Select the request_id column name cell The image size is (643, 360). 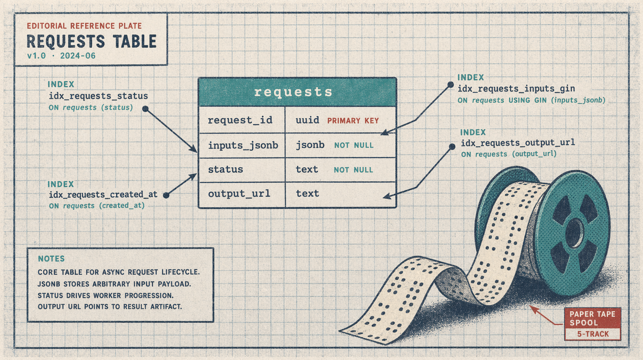pyautogui.click(x=240, y=120)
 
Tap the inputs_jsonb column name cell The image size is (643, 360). pyautogui.click(x=243, y=145)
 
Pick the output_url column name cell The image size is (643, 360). pyautogui.click(x=239, y=194)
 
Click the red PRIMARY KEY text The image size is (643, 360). pyautogui.click(x=353, y=121)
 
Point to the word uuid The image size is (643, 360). pyautogui.click(x=307, y=120)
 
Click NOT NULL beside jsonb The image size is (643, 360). pyautogui.click(x=354, y=145)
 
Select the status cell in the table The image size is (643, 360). pyautogui.click(x=225, y=170)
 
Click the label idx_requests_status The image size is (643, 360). pyautogui.click(x=98, y=96)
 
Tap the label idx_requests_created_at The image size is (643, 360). pyautogui.click(x=103, y=194)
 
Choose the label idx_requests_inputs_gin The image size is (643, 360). pyautogui.click(x=516, y=88)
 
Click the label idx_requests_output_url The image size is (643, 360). pyautogui.click(x=518, y=143)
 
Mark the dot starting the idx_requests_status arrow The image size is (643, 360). pyautogui.click(x=145, y=108)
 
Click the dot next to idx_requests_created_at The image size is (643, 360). pyautogui.click(x=166, y=195)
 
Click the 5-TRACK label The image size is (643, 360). pyautogui.click(x=593, y=334)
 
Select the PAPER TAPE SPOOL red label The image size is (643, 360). pyautogui.click(x=592, y=318)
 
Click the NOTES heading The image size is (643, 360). pyautogui.click(x=51, y=259)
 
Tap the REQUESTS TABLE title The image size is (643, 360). pyautogui.click(x=91, y=41)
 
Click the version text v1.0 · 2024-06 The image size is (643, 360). pyautogui.click(x=61, y=56)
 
